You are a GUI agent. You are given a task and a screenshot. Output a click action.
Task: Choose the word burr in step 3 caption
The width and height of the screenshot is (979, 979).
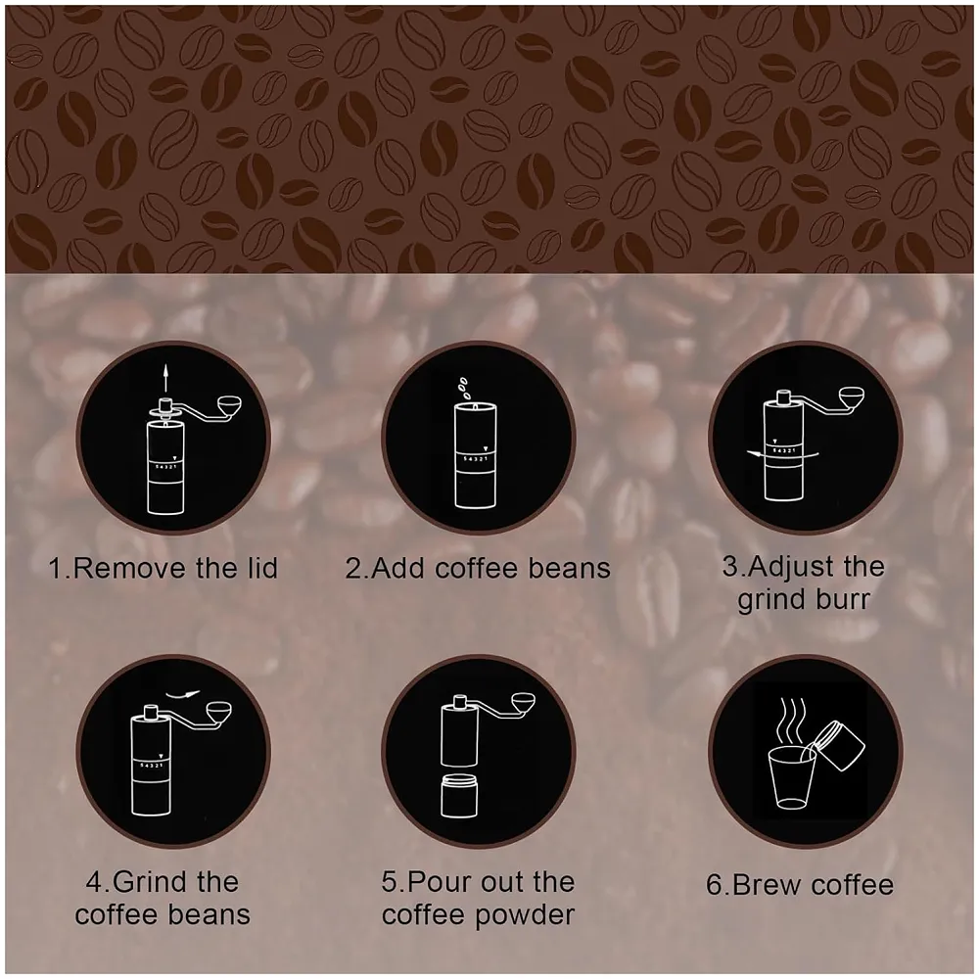click(x=839, y=598)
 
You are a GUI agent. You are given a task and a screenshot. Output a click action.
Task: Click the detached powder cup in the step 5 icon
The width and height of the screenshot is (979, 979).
click(x=459, y=794)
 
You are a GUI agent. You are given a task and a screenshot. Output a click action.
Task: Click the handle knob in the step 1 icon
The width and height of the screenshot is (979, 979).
click(x=231, y=406)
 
